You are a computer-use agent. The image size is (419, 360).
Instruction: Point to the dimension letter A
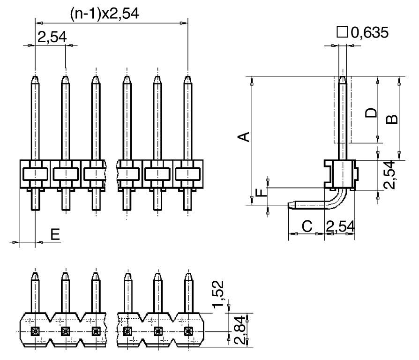pos(243,136)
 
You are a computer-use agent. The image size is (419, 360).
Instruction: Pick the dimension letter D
pos(371,112)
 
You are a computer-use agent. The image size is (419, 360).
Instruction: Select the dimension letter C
pos(307,226)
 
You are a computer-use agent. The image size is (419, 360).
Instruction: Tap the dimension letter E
pos(55,234)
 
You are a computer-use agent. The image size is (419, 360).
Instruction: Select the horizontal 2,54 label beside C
pos(341,226)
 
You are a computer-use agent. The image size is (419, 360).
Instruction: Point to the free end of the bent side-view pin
pos(290,205)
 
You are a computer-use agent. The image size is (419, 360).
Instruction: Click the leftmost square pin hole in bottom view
pos(35,331)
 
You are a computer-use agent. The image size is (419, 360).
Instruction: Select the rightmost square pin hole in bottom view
pos(188,331)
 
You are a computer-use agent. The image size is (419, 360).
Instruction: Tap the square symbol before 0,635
pos(343,32)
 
